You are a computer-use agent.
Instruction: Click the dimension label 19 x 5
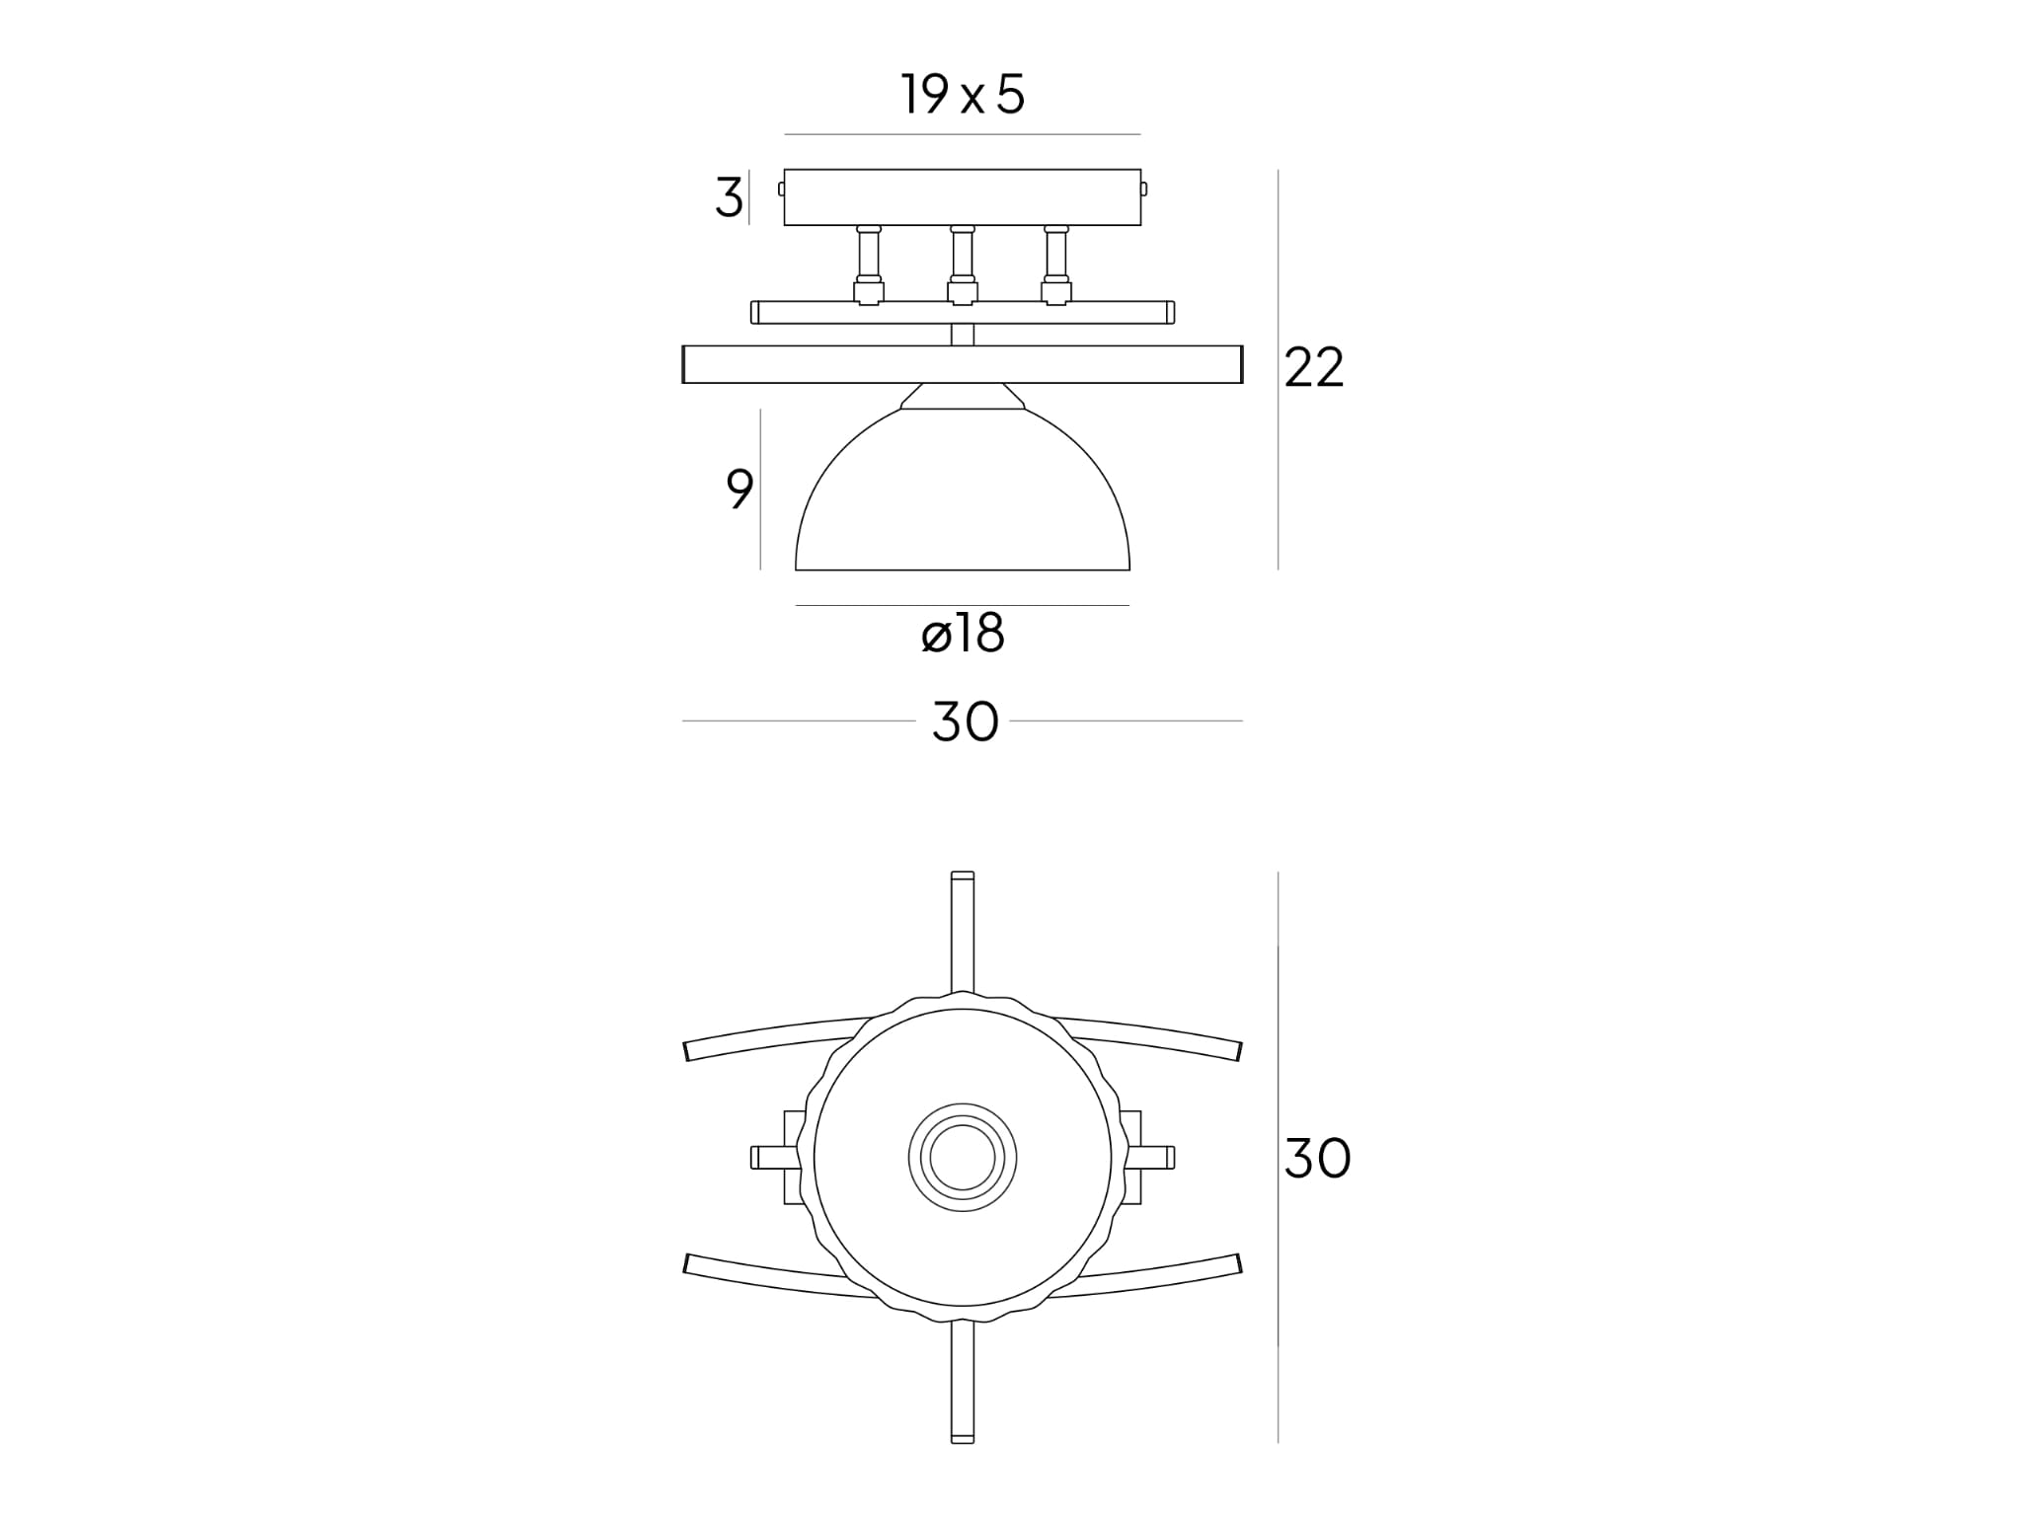click(x=963, y=95)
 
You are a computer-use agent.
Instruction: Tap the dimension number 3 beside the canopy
click(x=729, y=198)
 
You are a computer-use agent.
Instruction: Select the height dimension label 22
click(x=1314, y=368)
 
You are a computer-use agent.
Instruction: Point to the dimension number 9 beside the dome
click(x=739, y=489)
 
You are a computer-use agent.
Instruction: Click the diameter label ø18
click(x=963, y=634)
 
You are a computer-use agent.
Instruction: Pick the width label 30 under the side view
click(x=965, y=721)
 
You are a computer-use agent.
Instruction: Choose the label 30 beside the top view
click(x=1317, y=1158)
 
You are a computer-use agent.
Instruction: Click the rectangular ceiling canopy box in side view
click(x=963, y=197)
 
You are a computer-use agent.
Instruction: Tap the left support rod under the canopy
click(x=869, y=265)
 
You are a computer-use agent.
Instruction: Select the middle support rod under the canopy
click(x=963, y=265)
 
